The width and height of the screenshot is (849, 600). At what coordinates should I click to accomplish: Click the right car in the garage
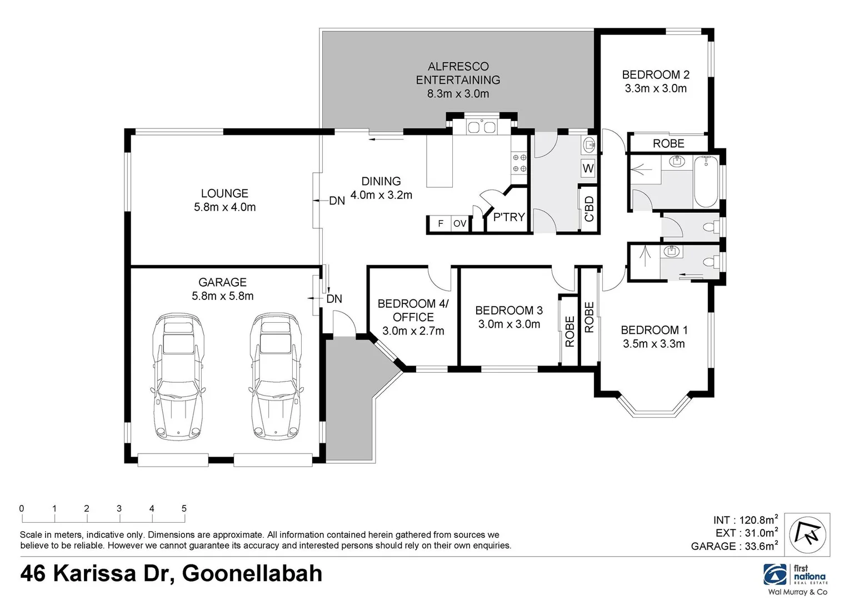click(276, 377)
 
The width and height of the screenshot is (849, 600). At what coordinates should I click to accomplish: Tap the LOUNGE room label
click(224, 193)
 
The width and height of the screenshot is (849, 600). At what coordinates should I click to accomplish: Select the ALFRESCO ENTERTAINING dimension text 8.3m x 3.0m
click(458, 93)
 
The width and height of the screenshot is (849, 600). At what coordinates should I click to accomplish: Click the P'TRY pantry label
click(508, 217)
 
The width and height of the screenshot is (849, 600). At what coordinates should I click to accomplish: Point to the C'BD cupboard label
click(589, 209)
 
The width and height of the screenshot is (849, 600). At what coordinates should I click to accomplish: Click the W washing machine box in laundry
click(588, 168)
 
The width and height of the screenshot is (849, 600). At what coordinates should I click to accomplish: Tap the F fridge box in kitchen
click(441, 224)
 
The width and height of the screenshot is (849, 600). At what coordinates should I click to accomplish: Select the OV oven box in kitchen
click(460, 224)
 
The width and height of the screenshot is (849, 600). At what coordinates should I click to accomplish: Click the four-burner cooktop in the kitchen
click(520, 163)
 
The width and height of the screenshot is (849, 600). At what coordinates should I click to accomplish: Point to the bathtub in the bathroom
click(706, 181)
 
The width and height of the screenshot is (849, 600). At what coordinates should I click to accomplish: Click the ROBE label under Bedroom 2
click(668, 143)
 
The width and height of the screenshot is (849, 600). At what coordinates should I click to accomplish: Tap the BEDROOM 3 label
click(508, 310)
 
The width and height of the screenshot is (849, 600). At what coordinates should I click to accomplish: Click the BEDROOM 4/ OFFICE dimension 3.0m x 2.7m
click(413, 331)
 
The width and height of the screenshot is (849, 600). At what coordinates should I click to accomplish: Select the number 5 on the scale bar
click(184, 508)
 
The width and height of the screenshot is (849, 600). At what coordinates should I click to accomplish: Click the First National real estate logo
click(796, 574)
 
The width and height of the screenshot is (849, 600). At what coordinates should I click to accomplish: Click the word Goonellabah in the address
click(253, 573)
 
